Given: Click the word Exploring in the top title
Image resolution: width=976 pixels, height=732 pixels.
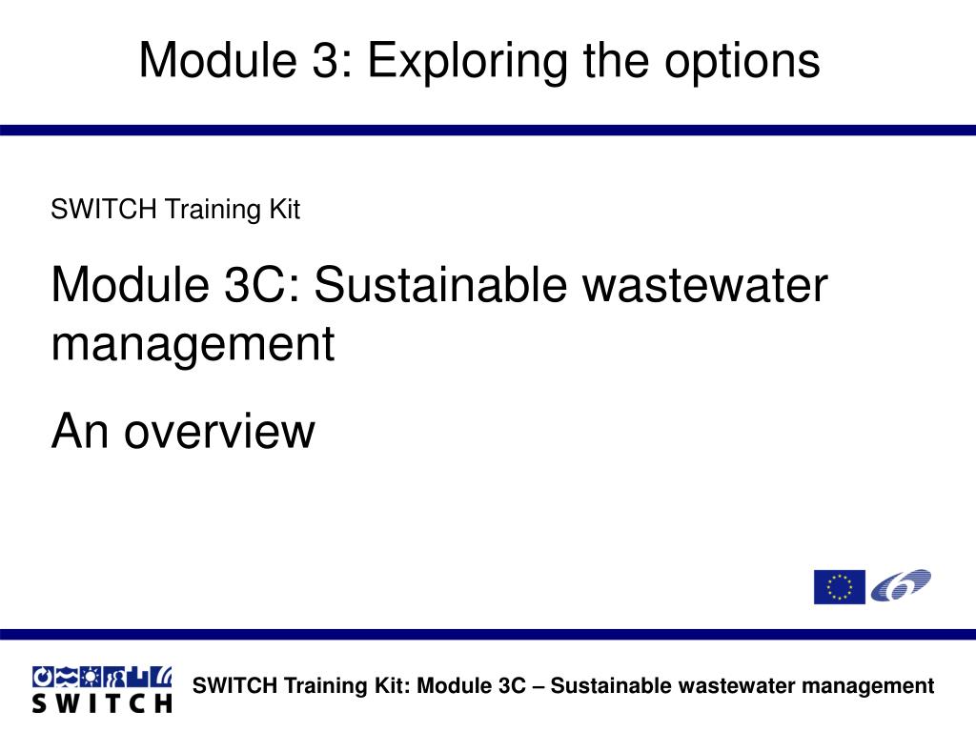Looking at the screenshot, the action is pyautogui.click(x=467, y=62).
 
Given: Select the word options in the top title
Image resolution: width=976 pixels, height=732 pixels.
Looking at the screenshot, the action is pyautogui.click(x=742, y=62).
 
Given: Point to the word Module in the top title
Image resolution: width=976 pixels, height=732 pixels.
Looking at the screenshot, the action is pyautogui.click(x=218, y=60).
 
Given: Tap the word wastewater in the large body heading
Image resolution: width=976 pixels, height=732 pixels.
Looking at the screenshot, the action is pyautogui.click(x=704, y=285).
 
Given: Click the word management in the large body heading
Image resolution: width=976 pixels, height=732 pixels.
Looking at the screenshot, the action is pyautogui.click(x=193, y=344).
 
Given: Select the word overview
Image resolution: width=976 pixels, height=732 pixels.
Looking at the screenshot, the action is pyautogui.click(x=219, y=431).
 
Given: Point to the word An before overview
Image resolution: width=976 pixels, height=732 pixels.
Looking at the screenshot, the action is pyautogui.click(x=80, y=431).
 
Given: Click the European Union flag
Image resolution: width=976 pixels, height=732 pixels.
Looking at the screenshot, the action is pyautogui.click(x=839, y=587).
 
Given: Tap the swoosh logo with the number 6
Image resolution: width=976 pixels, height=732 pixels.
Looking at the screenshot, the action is pyautogui.click(x=901, y=585).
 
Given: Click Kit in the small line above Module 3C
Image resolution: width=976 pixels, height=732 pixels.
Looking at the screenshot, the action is pyautogui.click(x=284, y=209).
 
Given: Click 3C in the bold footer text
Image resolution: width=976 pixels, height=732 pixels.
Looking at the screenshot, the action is pyautogui.click(x=512, y=685).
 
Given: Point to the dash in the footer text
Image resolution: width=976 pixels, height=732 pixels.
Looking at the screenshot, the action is pyautogui.click(x=538, y=686).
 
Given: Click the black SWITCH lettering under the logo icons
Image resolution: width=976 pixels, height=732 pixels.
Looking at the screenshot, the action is pyautogui.click(x=102, y=703).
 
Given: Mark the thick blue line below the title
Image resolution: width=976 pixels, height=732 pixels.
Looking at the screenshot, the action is pyautogui.click(x=488, y=130).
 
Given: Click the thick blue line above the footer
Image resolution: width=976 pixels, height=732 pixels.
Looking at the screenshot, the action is pyautogui.click(x=488, y=634).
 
